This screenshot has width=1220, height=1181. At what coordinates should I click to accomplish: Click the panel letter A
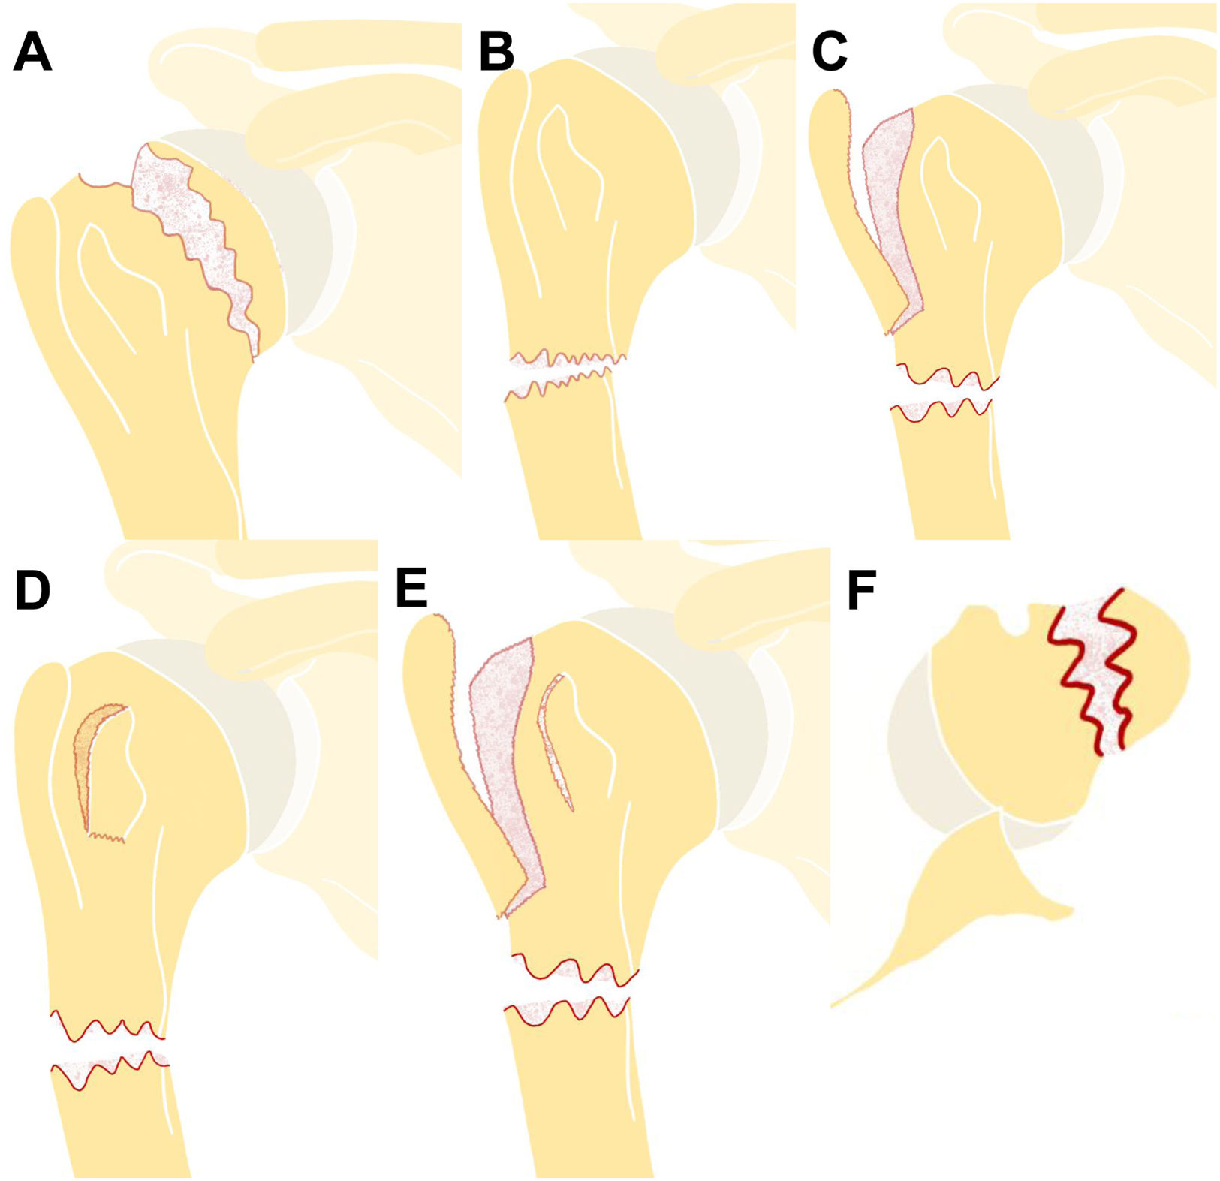coord(32,53)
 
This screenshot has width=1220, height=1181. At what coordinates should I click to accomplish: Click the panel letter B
coord(496,53)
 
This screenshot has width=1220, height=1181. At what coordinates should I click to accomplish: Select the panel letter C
coord(830,53)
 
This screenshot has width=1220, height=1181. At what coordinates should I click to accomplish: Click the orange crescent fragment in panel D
coord(89,751)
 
